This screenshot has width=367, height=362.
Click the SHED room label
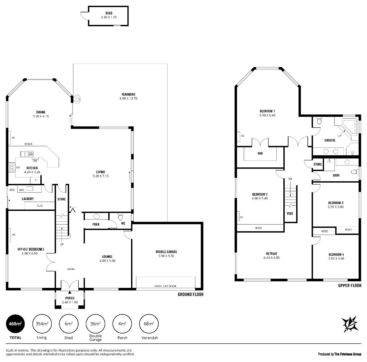109,13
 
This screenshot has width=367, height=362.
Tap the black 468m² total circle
15,323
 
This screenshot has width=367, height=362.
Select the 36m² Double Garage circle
95,323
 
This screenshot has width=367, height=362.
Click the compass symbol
350,324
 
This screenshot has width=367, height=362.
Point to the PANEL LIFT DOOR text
165,286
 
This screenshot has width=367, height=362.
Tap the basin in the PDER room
96,216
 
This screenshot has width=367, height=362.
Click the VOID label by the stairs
290,213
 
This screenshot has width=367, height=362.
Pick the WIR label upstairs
260,153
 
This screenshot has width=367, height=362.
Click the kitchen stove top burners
12,167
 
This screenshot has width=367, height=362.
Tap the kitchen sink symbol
27,154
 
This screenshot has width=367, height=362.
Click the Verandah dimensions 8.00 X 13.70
128,98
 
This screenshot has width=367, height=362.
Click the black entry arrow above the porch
70,292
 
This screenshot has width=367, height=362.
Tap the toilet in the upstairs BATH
354,172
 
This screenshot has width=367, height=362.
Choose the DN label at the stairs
290,179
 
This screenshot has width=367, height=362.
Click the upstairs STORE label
317,164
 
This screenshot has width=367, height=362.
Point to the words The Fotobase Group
348,354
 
